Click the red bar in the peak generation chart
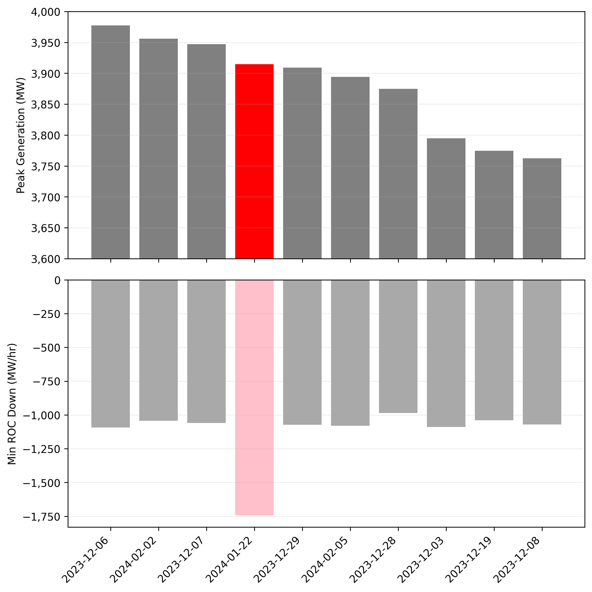click(254, 162)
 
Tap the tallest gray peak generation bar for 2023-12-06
click(111, 142)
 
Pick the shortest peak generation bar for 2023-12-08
click(542, 209)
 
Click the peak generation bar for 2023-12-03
click(446, 198)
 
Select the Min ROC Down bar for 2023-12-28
click(398, 347)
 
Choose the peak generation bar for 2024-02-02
click(158, 149)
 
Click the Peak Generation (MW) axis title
click(20, 135)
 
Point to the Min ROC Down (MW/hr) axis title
click(12, 404)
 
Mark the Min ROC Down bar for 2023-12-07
click(206, 352)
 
